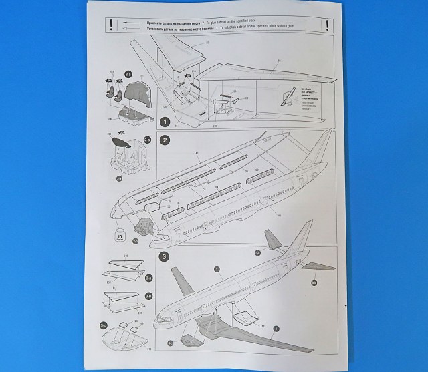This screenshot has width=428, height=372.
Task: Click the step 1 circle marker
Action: click(165, 122)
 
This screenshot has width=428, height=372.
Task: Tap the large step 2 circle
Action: click(165, 140)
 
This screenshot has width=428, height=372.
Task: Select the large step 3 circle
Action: click(165, 256)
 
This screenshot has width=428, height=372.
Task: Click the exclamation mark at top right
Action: click(326, 25)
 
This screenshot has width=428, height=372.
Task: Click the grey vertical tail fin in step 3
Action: click(271, 240)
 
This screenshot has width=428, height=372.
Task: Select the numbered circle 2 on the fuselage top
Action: click(217, 269)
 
